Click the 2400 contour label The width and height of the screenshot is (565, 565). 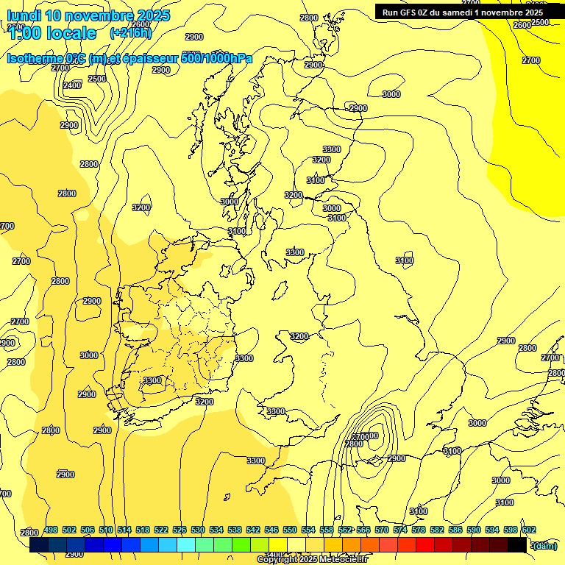pyautogui.click(x=72, y=86)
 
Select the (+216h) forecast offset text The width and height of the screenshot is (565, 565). pyautogui.click(x=130, y=32)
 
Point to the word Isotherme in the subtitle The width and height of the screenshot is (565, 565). pyautogui.click(x=35, y=58)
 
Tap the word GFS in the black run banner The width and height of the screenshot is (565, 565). pyautogui.click(x=410, y=13)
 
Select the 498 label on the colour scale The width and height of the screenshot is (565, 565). pyautogui.click(x=51, y=530)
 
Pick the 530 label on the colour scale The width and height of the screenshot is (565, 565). pyautogui.click(x=198, y=530)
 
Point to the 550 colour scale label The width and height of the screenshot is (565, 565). pyautogui.click(x=290, y=530)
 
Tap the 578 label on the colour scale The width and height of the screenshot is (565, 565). pyautogui.click(x=419, y=530)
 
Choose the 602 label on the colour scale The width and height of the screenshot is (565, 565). pyautogui.click(x=529, y=530)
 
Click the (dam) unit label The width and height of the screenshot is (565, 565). pyautogui.click(x=544, y=545)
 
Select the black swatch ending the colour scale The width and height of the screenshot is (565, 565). pyautogui.click(x=517, y=545)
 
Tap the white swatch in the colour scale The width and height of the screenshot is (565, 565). pyautogui.click(x=296, y=545)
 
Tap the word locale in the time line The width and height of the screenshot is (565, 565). pyautogui.click(x=71, y=33)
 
